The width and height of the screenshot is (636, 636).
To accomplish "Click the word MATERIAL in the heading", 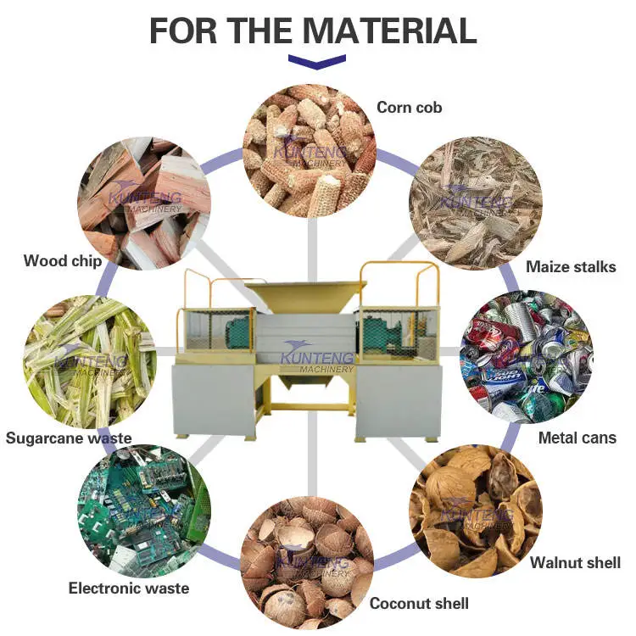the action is [x=390, y=31].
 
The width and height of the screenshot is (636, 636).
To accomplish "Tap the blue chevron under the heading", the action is [x=317, y=62].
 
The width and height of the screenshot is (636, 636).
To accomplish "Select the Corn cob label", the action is [x=410, y=108].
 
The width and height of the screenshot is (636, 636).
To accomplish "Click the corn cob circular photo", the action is [x=309, y=151].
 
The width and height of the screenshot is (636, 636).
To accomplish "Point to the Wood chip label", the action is [x=63, y=261].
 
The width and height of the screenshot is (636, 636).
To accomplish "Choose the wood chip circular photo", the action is [x=144, y=204].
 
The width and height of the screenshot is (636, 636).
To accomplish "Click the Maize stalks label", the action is [x=571, y=267].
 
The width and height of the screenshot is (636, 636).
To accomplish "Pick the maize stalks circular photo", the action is [x=476, y=204].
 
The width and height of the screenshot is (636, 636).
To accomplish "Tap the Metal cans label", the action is [x=577, y=438].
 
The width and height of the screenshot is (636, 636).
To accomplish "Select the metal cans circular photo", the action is [x=527, y=357].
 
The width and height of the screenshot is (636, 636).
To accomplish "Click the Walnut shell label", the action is [x=575, y=562].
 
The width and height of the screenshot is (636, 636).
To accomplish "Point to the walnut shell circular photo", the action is [x=476, y=511].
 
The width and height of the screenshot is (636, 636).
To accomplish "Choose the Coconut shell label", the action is [x=419, y=603].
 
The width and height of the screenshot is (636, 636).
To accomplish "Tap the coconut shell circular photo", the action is [x=307, y=563].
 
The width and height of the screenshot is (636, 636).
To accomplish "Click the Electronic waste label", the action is [x=129, y=589].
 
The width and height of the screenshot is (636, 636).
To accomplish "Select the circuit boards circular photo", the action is [x=144, y=511].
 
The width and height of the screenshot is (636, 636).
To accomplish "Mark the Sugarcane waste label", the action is [x=69, y=438].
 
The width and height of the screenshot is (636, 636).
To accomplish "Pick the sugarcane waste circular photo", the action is [x=90, y=362].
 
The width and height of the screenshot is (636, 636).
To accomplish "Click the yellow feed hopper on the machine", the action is [x=306, y=297].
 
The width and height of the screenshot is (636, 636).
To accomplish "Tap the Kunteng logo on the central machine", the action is [x=317, y=357].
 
